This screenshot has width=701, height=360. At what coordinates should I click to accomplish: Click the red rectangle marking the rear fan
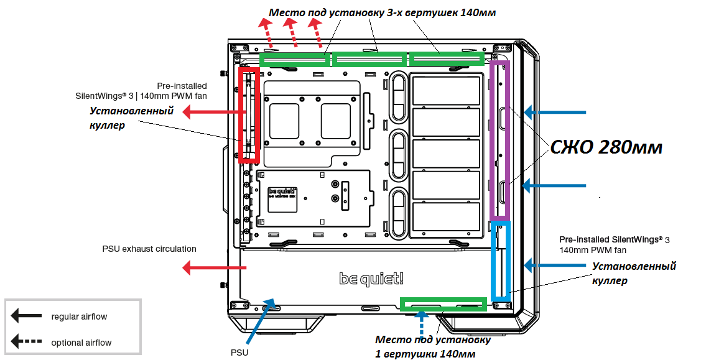tap(242, 115)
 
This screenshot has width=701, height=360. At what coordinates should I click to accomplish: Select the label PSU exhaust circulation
tap(149, 249)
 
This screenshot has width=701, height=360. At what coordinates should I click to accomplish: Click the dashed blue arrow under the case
tap(421, 325)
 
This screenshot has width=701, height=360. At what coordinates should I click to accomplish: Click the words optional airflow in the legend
tap(81, 343)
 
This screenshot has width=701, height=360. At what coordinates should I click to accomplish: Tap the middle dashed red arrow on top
tap(291, 32)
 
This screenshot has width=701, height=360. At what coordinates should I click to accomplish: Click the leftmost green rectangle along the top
tap(294, 60)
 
